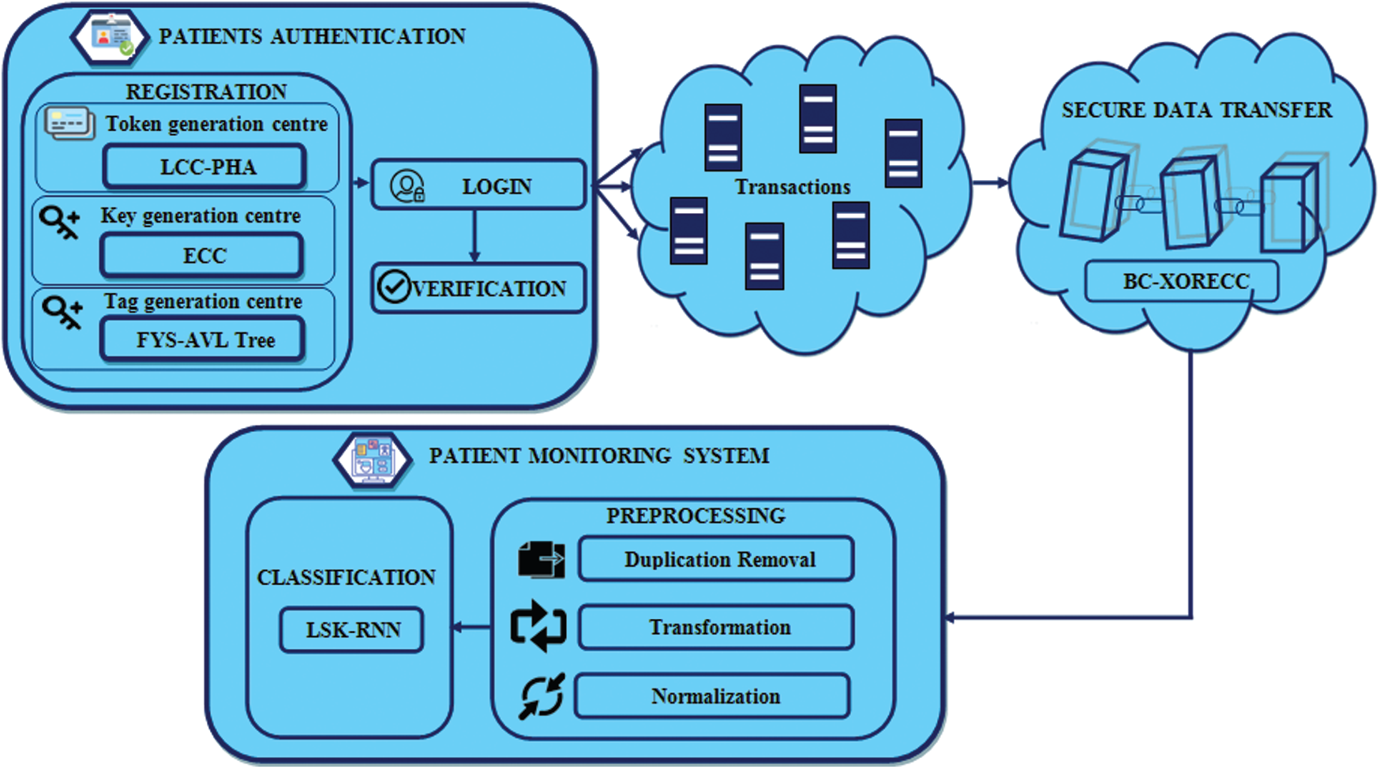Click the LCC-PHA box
tap(204, 167)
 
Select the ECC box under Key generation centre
tap(201, 256)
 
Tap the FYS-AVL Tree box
tap(203, 340)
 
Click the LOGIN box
tap(478, 186)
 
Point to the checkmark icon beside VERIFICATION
tap(392, 287)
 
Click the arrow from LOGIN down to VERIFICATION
tap(474, 236)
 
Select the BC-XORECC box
tap(1181, 281)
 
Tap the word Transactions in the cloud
tap(792, 187)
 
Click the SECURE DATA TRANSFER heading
tap(1196, 110)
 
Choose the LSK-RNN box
tap(352, 630)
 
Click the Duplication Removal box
tap(716, 560)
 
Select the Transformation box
tap(716, 628)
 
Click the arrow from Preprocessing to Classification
tap(472, 628)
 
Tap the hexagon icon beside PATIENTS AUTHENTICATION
tap(110, 36)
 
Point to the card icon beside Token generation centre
tap(69, 124)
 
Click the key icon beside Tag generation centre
tap(62, 312)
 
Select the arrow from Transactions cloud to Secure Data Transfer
tap(990, 183)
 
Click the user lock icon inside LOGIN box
tap(407, 186)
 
